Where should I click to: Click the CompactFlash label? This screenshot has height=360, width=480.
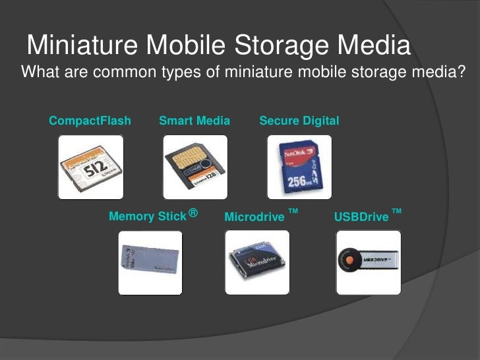coord(90,121)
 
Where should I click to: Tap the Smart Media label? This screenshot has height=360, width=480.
coord(195,121)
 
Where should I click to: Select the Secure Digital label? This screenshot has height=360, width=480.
coord(299,121)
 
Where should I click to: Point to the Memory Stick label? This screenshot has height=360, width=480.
coord(148,216)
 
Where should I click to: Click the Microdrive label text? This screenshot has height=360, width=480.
coord(255,217)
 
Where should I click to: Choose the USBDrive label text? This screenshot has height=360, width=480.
coord(361,217)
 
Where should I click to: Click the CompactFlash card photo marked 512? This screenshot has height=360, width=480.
coord(90,167)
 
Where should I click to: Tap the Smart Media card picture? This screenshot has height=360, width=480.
coord(195,167)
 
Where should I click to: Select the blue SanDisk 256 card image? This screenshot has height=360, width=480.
coord(299,167)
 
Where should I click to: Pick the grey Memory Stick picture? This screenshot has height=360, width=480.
coord(150,262)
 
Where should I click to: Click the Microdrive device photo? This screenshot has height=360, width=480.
coord(257,262)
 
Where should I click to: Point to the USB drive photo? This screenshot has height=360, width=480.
coord(368,262)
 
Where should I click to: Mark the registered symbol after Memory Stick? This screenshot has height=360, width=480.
coord(193,212)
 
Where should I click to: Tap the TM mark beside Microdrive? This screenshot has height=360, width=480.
coord(293,211)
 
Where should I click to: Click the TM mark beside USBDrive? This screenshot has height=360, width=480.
coord(396,211)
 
